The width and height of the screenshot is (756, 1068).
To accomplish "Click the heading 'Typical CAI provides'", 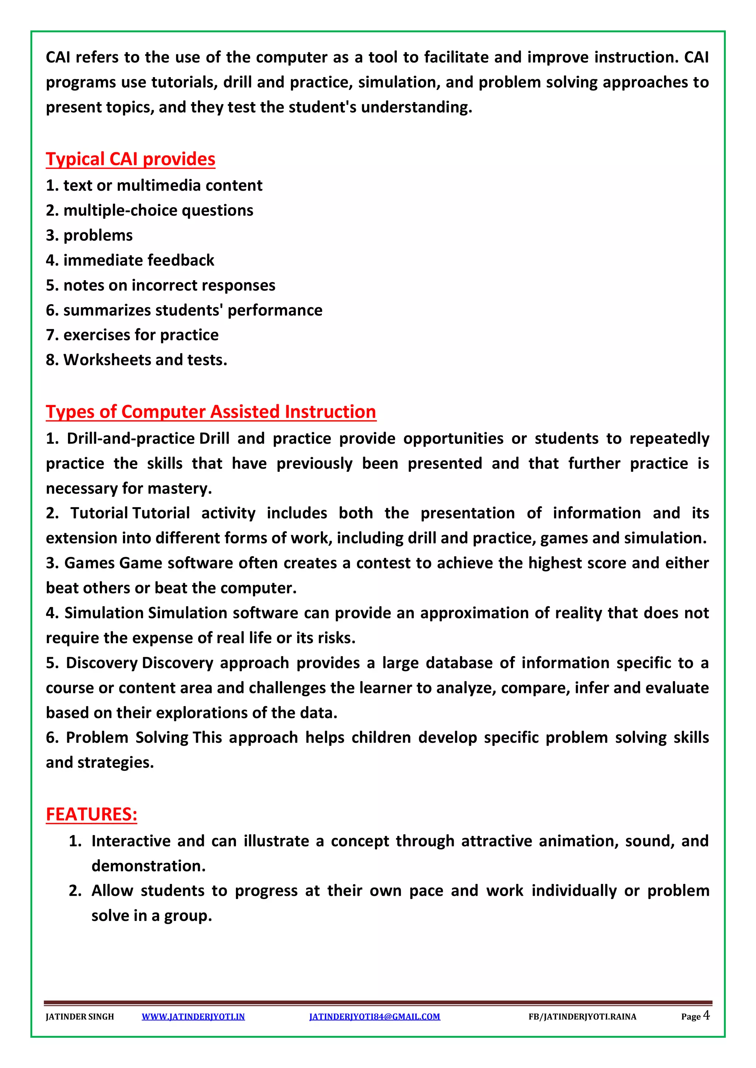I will click(130, 159).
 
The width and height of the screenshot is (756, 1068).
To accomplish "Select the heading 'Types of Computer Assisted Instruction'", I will click(210, 412).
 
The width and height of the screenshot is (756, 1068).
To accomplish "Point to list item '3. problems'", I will click(89, 235).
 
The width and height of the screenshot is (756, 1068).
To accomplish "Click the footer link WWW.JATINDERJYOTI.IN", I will click(193, 1017).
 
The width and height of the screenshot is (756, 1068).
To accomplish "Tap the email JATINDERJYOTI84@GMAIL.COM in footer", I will click(374, 1017).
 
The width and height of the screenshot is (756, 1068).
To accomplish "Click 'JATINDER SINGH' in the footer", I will click(80, 1017).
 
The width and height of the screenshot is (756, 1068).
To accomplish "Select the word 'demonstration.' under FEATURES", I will click(148, 866).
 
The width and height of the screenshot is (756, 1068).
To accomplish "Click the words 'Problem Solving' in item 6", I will click(127, 738).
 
